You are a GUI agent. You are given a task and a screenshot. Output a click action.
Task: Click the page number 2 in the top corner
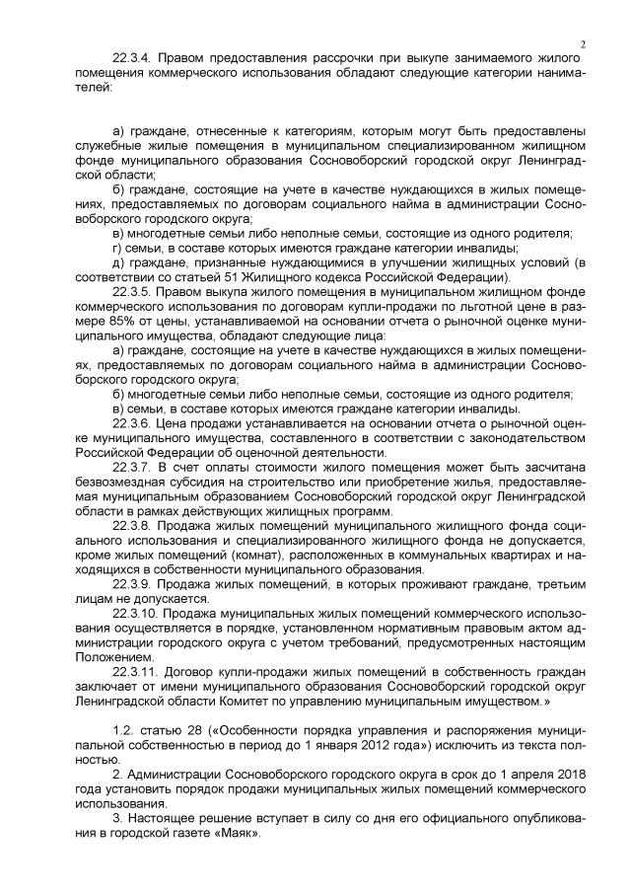(x=584, y=43)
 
